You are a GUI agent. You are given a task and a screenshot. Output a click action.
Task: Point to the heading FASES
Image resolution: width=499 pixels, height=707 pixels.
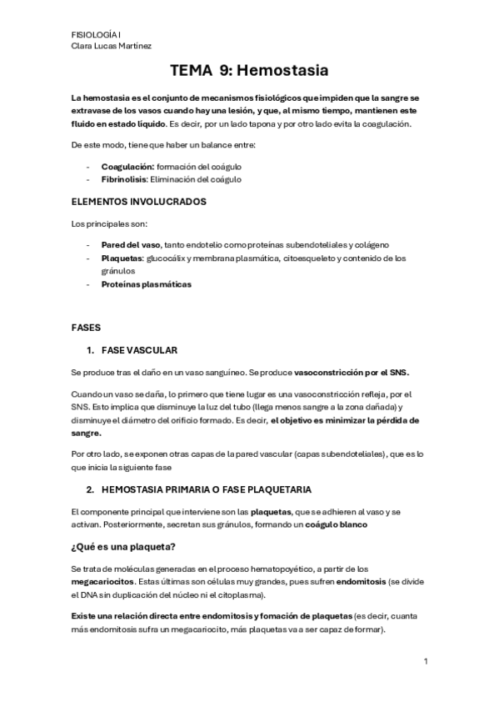point(87,328)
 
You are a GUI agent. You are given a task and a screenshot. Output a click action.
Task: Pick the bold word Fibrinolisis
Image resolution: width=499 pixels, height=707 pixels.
point(124,179)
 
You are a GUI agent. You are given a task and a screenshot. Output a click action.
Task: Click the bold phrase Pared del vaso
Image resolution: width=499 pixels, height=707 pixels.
point(131,245)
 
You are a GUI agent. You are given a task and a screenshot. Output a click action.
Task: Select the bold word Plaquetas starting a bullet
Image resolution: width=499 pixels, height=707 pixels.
point(122,258)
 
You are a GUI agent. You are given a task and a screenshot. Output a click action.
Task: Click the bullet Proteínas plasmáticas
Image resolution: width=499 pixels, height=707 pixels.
point(147,284)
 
